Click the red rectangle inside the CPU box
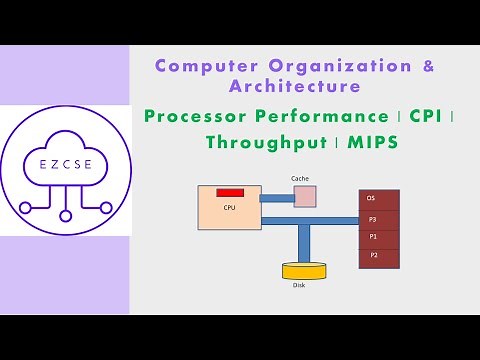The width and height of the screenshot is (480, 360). pos(230,191)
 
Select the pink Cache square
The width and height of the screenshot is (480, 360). pos(304,197)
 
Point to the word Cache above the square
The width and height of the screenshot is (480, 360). pos(300,178)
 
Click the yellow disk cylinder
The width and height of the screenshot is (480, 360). pos(303,271)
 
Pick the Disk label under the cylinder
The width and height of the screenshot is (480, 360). pos(299,285)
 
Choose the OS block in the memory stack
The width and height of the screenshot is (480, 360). pos(379,199)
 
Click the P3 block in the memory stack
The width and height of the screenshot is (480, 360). pos(379,218)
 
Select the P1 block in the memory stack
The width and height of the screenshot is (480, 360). pos(379,237)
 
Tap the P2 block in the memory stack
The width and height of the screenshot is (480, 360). pos(379,256)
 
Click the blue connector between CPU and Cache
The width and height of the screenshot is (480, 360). pos(277,198)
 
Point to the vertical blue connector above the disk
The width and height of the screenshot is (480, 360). pos(302,243)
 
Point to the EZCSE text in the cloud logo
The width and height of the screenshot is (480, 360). pos(64,160)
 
